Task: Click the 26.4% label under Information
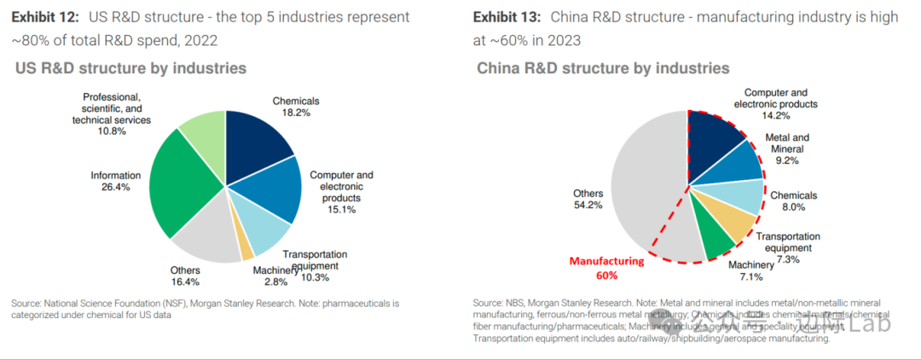coord(115,188)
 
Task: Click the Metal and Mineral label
coord(787,142)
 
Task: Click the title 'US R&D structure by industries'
coord(130,67)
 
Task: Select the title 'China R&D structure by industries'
coord(603,67)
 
